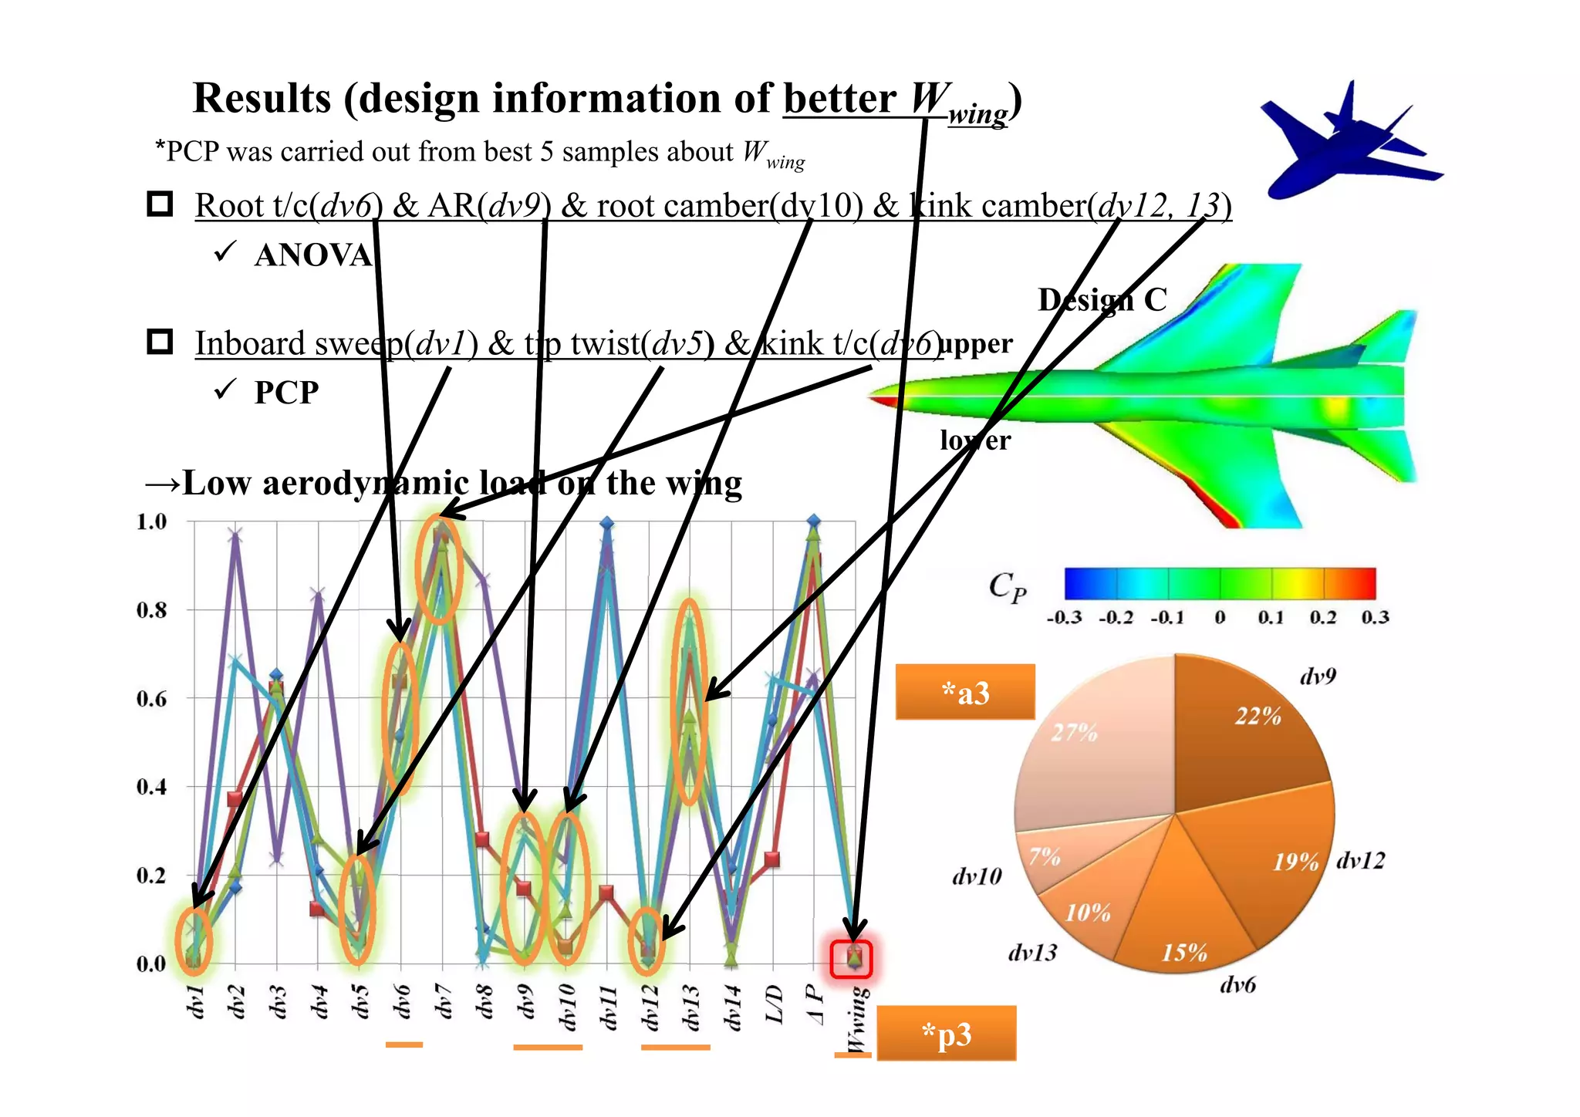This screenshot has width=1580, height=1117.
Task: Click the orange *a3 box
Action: click(964, 692)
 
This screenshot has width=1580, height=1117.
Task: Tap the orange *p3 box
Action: click(946, 1034)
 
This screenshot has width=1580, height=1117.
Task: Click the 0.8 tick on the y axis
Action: click(152, 610)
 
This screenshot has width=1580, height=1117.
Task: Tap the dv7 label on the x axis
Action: click(443, 1003)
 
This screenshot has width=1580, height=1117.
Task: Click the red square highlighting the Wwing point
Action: click(852, 959)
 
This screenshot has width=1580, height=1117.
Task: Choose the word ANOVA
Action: click(313, 255)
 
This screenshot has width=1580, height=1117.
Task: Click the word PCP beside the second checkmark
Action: click(286, 393)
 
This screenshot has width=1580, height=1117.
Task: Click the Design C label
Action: click(1102, 300)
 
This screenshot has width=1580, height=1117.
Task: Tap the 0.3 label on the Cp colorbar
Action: click(1375, 617)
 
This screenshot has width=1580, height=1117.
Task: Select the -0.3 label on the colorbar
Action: click(1064, 617)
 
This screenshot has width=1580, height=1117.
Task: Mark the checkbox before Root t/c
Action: click(160, 204)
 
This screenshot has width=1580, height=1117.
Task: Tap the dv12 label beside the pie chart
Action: click(1360, 860)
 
